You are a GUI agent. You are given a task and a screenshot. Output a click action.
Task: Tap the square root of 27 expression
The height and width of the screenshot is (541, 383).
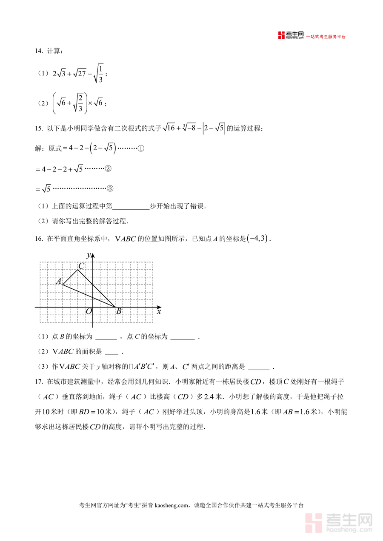coord(80,74)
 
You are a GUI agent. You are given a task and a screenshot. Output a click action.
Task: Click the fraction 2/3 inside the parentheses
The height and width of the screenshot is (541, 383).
coord(80,103)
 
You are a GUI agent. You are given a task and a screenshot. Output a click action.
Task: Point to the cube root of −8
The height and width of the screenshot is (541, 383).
coord(189,128)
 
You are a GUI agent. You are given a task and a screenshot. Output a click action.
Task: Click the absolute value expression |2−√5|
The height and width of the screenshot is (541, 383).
coord(214,128)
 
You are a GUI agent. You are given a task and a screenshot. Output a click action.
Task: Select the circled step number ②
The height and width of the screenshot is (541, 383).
coord(108,169)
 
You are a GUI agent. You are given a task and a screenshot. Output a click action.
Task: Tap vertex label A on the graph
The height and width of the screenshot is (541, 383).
coord(59,281)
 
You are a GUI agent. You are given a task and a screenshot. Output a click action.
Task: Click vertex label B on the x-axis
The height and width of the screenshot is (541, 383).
coord(119,311)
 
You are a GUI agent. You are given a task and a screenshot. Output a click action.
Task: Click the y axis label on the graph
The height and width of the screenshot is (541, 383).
coord(88,255)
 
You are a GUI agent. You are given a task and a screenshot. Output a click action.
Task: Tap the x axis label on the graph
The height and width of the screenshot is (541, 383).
coord(159,312)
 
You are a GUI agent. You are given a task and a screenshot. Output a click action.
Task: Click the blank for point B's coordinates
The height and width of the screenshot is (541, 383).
coord(106,337)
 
